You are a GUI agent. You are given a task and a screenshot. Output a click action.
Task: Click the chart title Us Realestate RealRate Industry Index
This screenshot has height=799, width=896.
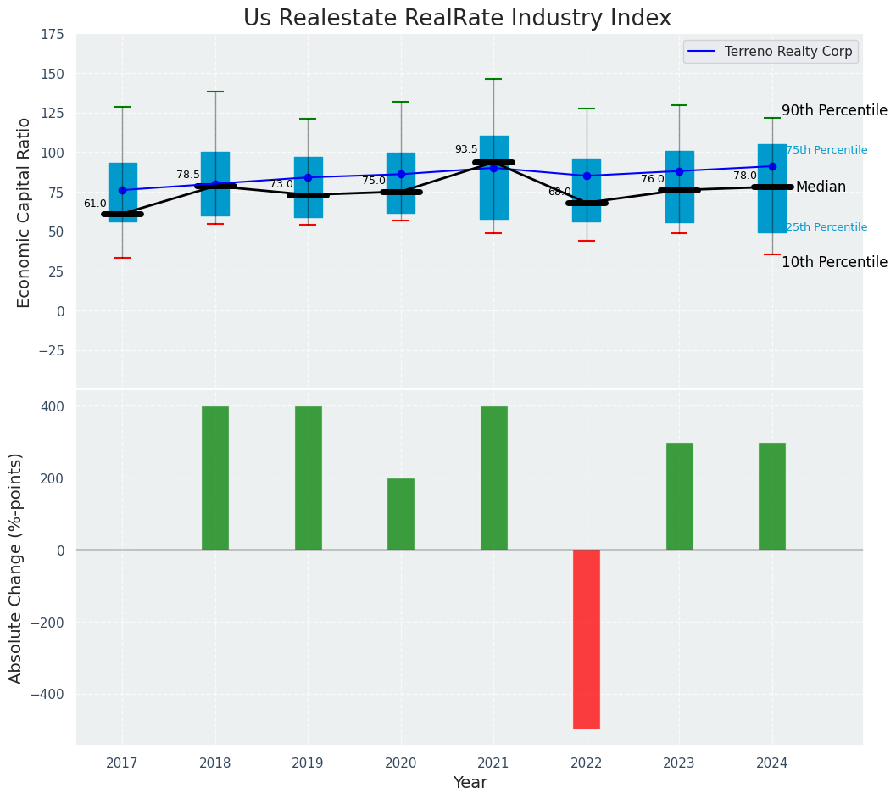coord(457,19)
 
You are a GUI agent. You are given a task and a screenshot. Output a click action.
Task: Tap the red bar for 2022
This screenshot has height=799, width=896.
coord(587,639)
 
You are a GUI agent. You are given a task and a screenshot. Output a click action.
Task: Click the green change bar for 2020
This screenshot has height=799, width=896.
coord(401,514)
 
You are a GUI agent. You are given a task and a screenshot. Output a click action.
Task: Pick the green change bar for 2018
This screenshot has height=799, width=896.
coord(215,478)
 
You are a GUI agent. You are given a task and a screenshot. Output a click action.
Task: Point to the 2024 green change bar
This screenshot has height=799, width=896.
coord(772,496)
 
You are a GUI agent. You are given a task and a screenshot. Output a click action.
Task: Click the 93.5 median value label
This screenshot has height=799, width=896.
coord(466,149)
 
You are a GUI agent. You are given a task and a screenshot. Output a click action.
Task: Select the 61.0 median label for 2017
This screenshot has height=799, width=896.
coord(95,204)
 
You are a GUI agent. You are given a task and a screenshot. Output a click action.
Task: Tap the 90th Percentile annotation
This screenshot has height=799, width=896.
coord(834,111)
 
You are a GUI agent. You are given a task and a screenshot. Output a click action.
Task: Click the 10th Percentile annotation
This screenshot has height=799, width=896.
coord(834,263)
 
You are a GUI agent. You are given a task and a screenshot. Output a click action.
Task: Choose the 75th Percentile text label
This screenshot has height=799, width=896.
coord(826,150)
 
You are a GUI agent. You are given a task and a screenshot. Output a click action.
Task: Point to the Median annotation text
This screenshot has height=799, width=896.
coord(821,187)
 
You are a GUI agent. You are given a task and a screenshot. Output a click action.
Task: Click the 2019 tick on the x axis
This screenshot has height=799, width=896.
coord(308,763)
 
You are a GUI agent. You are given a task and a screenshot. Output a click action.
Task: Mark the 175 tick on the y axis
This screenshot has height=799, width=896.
coord(52,35)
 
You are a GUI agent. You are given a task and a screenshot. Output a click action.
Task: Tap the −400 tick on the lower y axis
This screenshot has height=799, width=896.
coord(47,695)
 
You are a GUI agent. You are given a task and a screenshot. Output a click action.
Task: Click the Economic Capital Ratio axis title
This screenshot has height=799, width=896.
coord(24,212)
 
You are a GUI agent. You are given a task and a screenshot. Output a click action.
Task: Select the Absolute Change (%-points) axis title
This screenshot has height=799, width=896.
coord(16,567)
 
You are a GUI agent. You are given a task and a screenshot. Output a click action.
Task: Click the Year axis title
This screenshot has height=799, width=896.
coord(470,783)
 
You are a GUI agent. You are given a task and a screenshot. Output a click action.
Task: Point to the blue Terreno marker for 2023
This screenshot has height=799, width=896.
coord(679,171)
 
